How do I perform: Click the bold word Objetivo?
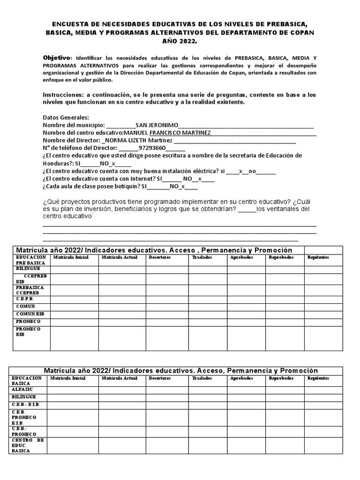tap(57, 57)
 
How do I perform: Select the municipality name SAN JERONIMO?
tap(157, 125)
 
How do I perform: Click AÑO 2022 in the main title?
tap(180, 42)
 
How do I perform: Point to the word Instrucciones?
tap(62, 95)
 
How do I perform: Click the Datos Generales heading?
tap(66, 117)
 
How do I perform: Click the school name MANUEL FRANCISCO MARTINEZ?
tap(166, 133)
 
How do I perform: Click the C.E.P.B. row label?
tap(25, 298)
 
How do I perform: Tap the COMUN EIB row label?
tap(30, 313)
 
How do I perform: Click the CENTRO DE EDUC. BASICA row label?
tap(28, 445)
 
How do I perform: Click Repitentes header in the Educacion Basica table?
tap(318, 378)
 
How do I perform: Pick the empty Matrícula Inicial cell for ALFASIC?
tap(73, 390)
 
